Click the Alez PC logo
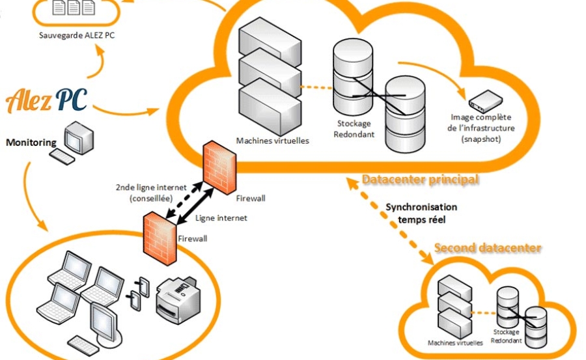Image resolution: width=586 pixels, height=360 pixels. (x=46, y=99)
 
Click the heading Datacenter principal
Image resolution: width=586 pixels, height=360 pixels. (x=420, y=179)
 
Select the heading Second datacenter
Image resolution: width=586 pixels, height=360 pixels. (x=488, y=248)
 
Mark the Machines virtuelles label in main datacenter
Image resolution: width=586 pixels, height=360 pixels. (x=263, y=140)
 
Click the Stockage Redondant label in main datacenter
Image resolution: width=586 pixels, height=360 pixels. (x=354, y=128)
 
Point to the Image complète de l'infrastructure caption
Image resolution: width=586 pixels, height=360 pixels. (x=482, y=128)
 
